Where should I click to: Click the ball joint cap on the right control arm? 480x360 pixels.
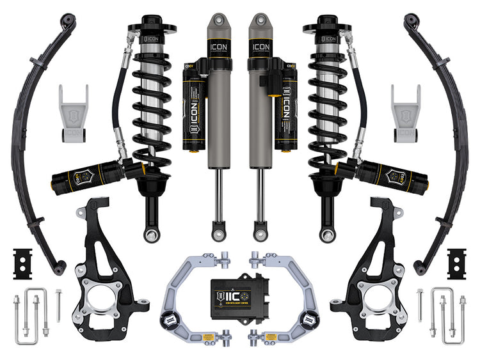pyautogui.click(x=309, y=320)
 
